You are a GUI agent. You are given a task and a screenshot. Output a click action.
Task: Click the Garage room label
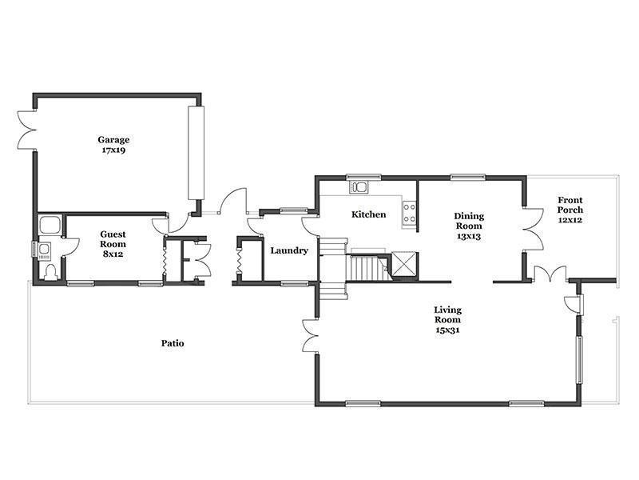click(113, 140)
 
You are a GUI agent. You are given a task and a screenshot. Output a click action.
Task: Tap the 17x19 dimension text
click(113, 150)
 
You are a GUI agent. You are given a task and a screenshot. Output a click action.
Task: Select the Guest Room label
click(113, 239)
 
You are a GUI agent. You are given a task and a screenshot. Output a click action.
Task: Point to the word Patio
click(173, 343)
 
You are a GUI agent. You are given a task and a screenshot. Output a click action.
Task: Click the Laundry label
click(289, 250)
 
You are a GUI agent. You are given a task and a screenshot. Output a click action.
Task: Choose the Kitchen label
click(369, 214)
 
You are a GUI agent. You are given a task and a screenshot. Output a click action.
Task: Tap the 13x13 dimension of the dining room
click(469, 236)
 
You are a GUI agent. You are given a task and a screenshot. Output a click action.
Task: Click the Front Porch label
click(570, 205)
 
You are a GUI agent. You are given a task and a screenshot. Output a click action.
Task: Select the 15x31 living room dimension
click(447, 330)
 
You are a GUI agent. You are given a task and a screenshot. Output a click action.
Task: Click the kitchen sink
click(359, 187)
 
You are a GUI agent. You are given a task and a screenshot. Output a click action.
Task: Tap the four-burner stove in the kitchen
click(409, 213)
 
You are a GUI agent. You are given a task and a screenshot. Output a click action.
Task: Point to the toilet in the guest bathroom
click(51, 273)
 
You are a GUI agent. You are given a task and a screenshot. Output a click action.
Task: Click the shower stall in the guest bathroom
click(50, 225)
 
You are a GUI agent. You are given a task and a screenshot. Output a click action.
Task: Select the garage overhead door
click(196, 153)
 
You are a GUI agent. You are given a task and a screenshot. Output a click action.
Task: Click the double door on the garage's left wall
click(27, 130)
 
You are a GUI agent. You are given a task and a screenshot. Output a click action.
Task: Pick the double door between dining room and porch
click(533, 229)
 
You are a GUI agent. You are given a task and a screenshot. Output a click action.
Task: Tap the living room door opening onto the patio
click(310, 336)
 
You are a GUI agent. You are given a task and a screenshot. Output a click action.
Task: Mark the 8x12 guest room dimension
click(113, 254)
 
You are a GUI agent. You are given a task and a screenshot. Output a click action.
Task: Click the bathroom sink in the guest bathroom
click(44, 249)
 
